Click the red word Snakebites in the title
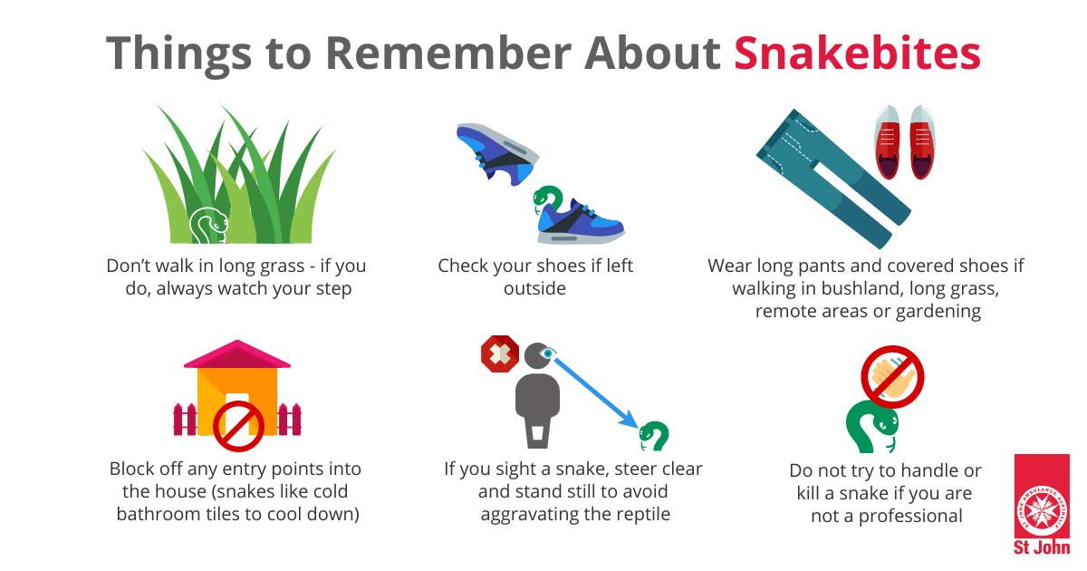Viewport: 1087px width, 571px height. pos(858,53)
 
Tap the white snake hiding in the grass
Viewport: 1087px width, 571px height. pos(207,226)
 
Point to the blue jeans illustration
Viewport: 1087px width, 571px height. pos(833,179)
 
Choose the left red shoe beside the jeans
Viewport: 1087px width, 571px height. pos(887,141)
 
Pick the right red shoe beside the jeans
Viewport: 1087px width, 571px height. pos(922,141)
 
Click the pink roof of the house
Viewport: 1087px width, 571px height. pos(236,354)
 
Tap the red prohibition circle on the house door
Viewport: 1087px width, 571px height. pos(238,426)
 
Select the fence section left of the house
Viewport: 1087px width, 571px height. pos(185,420)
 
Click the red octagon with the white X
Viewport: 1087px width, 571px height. pos(500,354)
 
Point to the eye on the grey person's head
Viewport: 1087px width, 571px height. pos(548,353)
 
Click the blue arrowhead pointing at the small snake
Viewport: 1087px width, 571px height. pos(629,420)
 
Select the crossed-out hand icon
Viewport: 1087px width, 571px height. pos(892,377)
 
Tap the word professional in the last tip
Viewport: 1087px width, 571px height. pos(910,517)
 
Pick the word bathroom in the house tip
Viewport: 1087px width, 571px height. pos(159,514)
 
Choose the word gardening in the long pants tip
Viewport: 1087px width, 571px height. pos(938,312)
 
